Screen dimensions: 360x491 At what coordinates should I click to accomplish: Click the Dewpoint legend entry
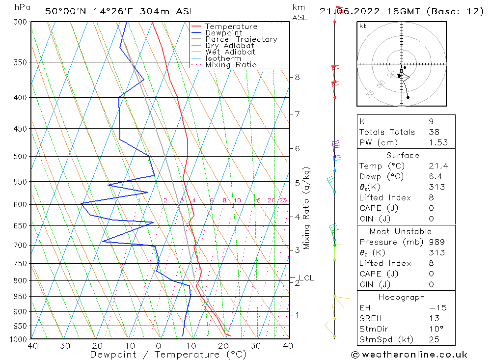click(223, 33)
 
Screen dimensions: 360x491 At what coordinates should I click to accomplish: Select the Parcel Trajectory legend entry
click(241, 39)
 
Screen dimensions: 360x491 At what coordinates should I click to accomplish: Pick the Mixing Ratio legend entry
click(231, 65)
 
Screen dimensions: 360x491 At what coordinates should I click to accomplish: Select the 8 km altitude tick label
click(297, 77)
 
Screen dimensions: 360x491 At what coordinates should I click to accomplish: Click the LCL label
click(306, 278)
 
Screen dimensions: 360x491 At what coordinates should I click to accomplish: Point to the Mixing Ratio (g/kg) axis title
click(307, 208)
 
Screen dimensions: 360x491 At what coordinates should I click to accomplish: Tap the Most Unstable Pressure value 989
click(436, 242)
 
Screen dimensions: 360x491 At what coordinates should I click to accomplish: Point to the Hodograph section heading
click(402, 297)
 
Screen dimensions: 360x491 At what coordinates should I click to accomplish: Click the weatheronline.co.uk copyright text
click(409, 355)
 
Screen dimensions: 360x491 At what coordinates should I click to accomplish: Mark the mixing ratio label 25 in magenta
click(283, 200)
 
